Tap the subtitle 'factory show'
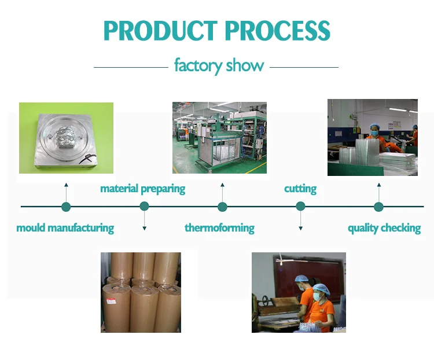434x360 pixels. (x=219, y=65)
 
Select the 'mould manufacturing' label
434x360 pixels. (x=65, y=227)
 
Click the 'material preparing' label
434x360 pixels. (x=143, y=189)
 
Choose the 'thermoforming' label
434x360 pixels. (x=219, y=227)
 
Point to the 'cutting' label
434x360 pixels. (x=300, y=189)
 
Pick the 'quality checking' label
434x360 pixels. (x=384, y=227)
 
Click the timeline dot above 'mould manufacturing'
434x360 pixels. (x=66, y=207)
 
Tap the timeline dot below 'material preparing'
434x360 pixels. (x=144, y=207)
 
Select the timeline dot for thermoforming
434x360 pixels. (x=222, y=207)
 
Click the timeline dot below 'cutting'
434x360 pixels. (x=300, y=207)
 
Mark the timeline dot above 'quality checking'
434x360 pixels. (x=378, y=207)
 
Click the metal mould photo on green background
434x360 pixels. (x=66, y=138)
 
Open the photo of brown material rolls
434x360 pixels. (x=141, y=292)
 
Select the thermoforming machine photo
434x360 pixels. (x=219, y=138)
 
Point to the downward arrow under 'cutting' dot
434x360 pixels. (x=300, y=223)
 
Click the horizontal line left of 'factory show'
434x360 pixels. (x=130, y=67)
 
